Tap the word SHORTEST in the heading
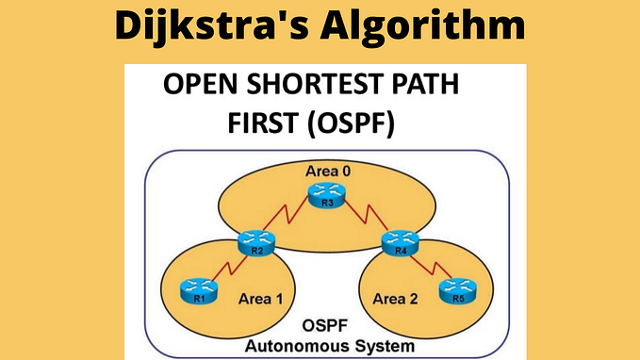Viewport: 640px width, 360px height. pos(315,86)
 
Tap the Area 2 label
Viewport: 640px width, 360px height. pos(398,298)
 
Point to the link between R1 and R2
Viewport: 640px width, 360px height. pos(226,269)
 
